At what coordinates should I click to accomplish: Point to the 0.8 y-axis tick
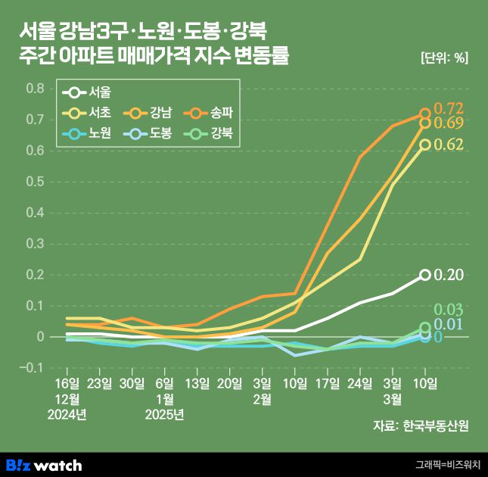click(x=36, y=89)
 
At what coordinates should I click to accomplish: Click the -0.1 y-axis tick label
click(x=33, y=368)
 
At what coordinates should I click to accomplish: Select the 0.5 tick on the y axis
click(x=36, y=182)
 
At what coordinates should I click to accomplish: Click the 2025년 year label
click(x=165, y=414)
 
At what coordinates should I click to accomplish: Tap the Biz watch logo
click(x=44, y=464)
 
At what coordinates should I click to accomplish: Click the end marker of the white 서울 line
click(x=425, y=275)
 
